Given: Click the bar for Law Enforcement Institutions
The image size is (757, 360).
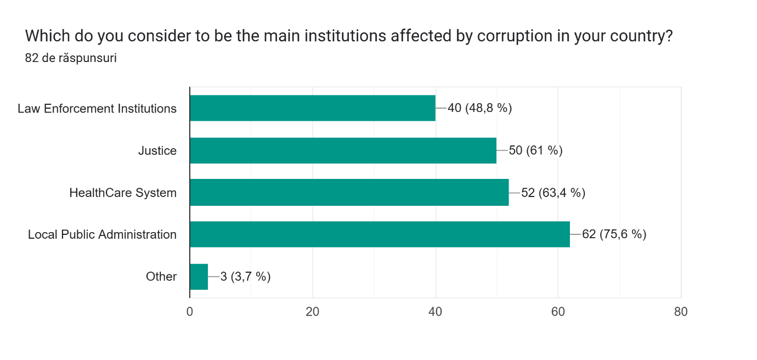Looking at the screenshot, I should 312,108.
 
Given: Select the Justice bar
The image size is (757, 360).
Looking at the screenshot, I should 343,150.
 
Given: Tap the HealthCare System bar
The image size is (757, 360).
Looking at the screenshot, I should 349,193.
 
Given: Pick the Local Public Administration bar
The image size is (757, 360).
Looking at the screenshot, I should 380,234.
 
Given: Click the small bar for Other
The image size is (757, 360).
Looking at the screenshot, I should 199,277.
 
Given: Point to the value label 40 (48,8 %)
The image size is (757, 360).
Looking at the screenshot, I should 479,108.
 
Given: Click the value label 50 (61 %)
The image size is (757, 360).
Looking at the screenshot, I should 535,150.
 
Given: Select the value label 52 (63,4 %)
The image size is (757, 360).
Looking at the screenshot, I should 553,193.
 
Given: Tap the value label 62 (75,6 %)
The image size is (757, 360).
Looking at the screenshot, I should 614,234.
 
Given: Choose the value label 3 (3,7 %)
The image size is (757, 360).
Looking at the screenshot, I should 245,277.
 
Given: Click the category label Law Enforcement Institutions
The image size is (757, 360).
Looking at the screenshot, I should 97,109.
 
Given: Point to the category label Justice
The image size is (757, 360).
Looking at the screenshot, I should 157,150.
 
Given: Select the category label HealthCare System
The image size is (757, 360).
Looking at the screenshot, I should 123,193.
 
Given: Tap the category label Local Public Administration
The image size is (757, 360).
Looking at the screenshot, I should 102,235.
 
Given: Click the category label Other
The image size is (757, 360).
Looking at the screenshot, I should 161,277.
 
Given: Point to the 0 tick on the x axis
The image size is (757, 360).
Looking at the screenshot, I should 190,312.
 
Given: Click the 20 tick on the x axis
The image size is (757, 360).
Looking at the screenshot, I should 312,312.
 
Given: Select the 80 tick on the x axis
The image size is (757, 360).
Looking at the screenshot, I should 681,312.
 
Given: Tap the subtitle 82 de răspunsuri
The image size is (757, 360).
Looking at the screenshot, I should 71,58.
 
